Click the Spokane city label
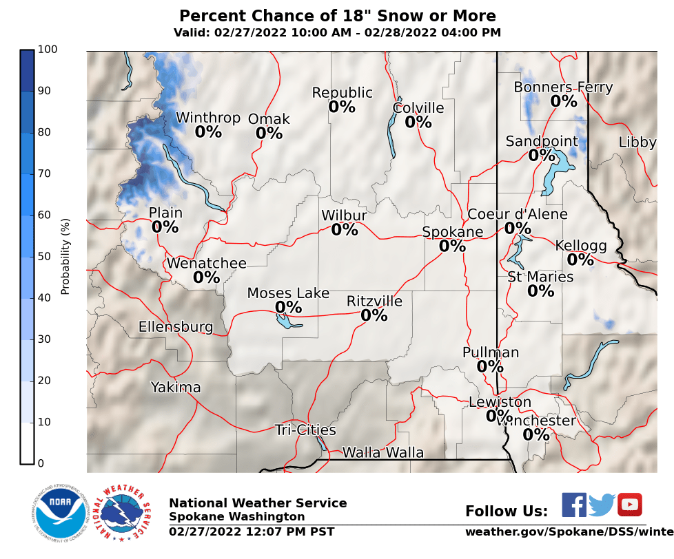click(452, 232)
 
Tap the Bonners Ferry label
click(563, 87)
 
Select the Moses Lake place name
click(288, 294)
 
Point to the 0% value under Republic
click(342, 107)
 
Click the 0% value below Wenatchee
click(206, 277)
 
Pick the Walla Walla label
click(382, 452)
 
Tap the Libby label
click(637, 143)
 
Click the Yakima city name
click(176, 388)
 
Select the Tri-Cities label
click(305, 430)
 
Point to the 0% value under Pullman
click(490, 366)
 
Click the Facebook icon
click(574, 505)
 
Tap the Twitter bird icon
click(602, 505)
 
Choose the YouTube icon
click(629, 505)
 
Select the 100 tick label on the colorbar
click(48, 50)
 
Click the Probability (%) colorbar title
click(66, 256)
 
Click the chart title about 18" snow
click(337, 16)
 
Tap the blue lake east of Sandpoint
click(555, 172)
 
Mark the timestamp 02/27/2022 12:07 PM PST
click(252, 531)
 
